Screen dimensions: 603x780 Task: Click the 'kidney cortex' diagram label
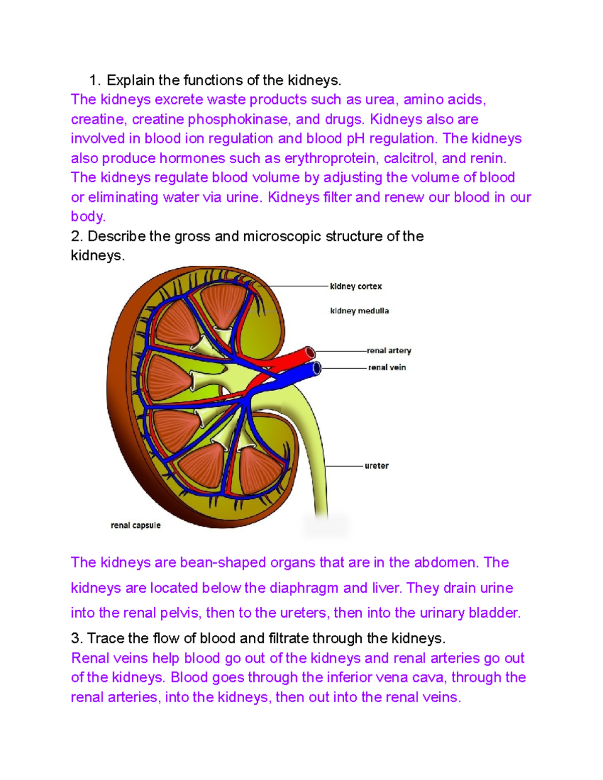[356, 286]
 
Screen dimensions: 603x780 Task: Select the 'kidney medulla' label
[359, 311]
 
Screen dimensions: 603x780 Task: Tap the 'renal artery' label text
[389, 351]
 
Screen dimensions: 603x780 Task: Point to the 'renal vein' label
[387, 368]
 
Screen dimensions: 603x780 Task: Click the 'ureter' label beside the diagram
[376, 466]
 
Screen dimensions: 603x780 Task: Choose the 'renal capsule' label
[136, 525]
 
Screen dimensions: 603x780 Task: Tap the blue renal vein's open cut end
[317, 368]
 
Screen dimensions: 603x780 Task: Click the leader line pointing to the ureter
[344, 466]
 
